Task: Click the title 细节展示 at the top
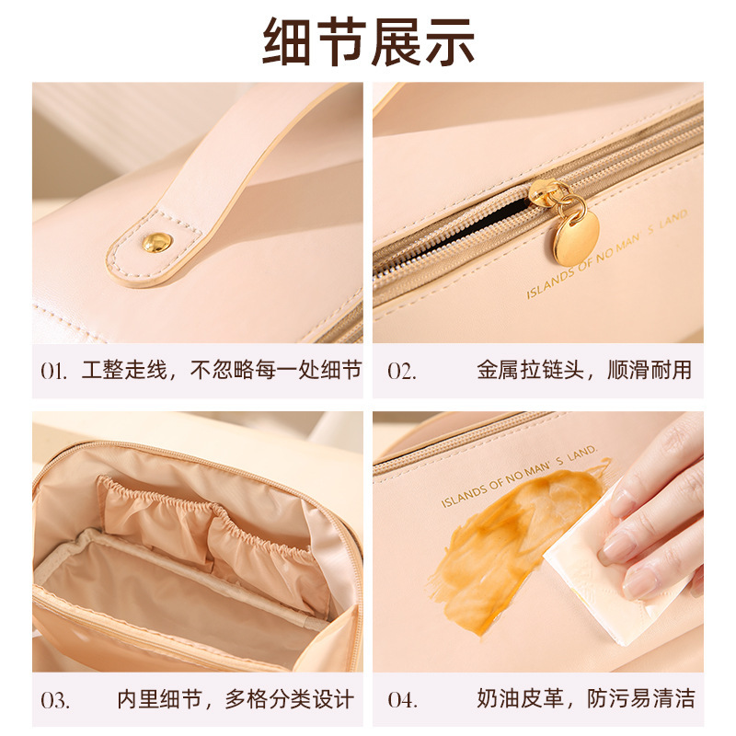(x=369, y=42)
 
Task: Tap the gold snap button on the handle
(x=156, y=242)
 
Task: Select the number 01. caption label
(x=53, y=372)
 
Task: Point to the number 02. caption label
(x=402, y=372)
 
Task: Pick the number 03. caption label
(x=55, y=700)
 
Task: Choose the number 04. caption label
(x=402, y=700)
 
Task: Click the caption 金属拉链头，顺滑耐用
(x=584, y=371)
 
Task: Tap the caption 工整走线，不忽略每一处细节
(x=222, y=371)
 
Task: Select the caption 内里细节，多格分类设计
(x=236, y=699)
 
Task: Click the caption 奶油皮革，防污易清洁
(x=586, y=699)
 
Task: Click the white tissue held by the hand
(x=610, y=578)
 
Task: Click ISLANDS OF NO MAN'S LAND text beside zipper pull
(x=607, y=255)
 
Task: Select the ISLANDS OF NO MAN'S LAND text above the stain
(x=519, y=477)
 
